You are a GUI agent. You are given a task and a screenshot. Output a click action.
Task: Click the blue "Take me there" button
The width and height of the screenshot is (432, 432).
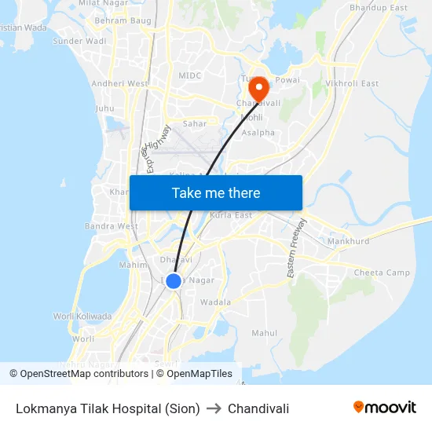pos(216,192)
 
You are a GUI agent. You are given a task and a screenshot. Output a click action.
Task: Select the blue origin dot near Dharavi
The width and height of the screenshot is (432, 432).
pos(174,280)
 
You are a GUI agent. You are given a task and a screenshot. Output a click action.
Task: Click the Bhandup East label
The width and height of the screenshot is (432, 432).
pos(379,8)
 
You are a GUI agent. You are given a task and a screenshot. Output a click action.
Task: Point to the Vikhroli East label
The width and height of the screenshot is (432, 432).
pos(352,83)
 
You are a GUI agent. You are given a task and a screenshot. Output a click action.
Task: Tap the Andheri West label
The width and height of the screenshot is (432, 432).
pos(119,83)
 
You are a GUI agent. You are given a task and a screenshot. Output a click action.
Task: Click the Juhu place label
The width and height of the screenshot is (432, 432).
pos(104,108)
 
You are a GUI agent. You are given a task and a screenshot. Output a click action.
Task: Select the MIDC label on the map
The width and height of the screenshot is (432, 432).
pos(190,75)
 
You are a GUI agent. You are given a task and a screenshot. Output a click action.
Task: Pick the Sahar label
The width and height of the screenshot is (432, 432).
pos(195,123)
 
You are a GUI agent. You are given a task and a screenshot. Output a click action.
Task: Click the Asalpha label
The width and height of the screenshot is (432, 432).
pos(258,133)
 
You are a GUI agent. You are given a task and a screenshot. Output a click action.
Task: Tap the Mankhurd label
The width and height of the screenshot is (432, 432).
pos(348,241)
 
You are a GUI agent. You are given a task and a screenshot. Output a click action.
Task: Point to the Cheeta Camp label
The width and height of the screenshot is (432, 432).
pos(382,273)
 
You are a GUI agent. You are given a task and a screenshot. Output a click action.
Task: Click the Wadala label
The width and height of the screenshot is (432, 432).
pos(216,302)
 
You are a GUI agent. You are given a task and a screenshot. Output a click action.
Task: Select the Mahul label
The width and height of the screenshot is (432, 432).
pos(264,333)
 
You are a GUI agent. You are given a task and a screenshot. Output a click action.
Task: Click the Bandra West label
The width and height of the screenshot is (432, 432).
pos(112,226)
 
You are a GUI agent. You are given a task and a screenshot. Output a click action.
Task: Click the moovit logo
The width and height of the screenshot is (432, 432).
pos(385,408)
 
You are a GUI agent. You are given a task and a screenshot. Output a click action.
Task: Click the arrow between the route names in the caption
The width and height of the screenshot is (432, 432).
pos(214,408)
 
